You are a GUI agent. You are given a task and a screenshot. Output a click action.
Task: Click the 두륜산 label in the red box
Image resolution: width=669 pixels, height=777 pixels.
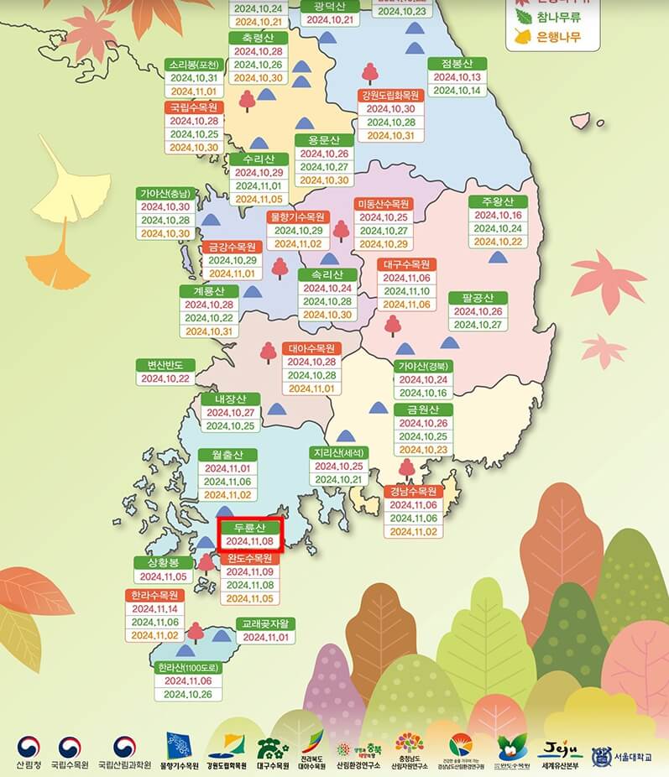tap(250, 527)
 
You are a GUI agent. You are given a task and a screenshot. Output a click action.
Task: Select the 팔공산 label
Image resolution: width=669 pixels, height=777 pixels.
tap(478, 297)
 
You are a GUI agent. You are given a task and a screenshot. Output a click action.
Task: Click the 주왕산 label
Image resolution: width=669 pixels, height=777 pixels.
tap(498, 201)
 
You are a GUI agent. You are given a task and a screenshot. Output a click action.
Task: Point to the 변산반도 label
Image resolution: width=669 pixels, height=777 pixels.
tap(165, 365)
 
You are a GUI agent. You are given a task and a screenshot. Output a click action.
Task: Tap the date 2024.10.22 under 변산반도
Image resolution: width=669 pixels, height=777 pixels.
tap(165, 379)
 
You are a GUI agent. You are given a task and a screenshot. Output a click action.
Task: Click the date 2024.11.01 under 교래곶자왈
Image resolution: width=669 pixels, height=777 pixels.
tap(265, 638)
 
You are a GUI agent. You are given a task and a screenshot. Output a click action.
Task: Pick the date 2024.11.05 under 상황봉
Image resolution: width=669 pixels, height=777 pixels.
tap(163, 576)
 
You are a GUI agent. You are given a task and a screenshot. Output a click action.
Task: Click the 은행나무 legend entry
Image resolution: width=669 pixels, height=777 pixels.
tap(557, 36)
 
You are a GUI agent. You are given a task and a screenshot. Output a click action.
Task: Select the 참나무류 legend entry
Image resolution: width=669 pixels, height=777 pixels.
tap(557, 15)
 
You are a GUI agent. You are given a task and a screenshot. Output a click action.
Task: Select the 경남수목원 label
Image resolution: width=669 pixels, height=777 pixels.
tap(413, 491)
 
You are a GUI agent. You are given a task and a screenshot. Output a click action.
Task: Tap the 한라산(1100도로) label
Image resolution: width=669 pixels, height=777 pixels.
tap(188, 668)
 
